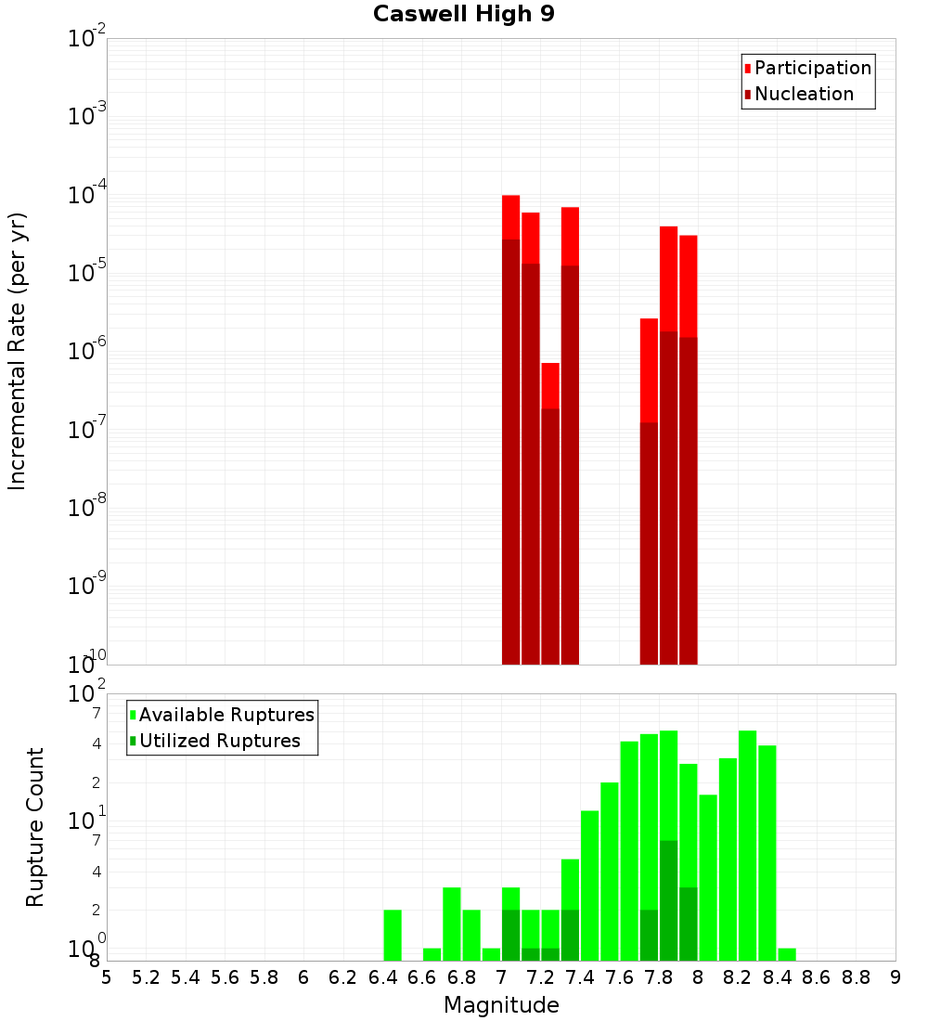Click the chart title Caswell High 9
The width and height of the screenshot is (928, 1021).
(x=464, y=15)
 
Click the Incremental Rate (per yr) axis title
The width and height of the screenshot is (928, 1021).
(x=18, y=352)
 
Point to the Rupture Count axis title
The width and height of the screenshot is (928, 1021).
(x=35, y=827)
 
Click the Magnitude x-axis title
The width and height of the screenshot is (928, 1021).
(x=501, y=1005)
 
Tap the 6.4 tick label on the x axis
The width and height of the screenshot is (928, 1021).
(x=382, y=977)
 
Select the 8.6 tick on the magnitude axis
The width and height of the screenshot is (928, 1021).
(x=817, y=977)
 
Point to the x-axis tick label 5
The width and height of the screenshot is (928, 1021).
(x=107, y=977)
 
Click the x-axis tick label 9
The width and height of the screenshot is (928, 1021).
(x=896, y=977)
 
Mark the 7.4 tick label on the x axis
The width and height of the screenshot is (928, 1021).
(x=580, y=977)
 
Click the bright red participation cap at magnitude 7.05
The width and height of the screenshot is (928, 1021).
(x=510, y=216)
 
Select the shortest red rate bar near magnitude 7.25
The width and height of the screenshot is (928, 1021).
(x=550, y=385)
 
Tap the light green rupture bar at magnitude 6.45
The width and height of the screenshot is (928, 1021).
(x=393, y=935)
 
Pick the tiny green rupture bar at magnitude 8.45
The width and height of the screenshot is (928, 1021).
(x=787, y=954)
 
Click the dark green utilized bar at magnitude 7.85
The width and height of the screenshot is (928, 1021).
(x=668, y=900)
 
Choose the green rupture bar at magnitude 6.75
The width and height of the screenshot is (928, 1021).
(x=452, y=924)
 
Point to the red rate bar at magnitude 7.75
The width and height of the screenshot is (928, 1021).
(x=649, y=370)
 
